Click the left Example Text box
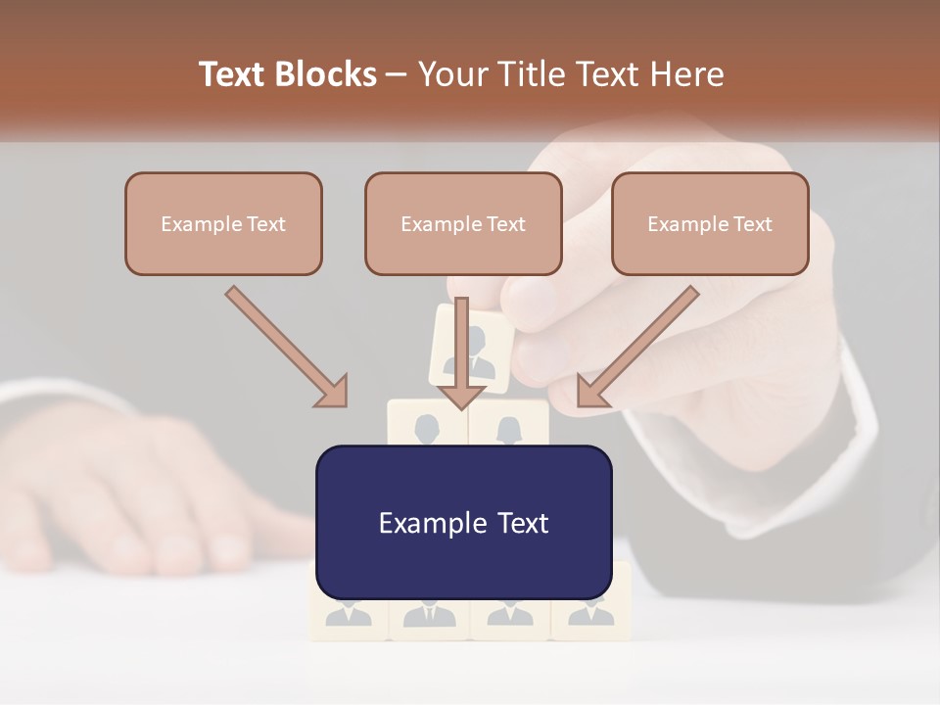[223, 223]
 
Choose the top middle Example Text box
[463, 223]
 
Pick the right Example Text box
[710, 223]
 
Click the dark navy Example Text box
[463, 522]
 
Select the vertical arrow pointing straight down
[461, 352]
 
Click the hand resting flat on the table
[147, 490]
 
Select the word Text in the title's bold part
[233, 74]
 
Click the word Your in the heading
[451, 74]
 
